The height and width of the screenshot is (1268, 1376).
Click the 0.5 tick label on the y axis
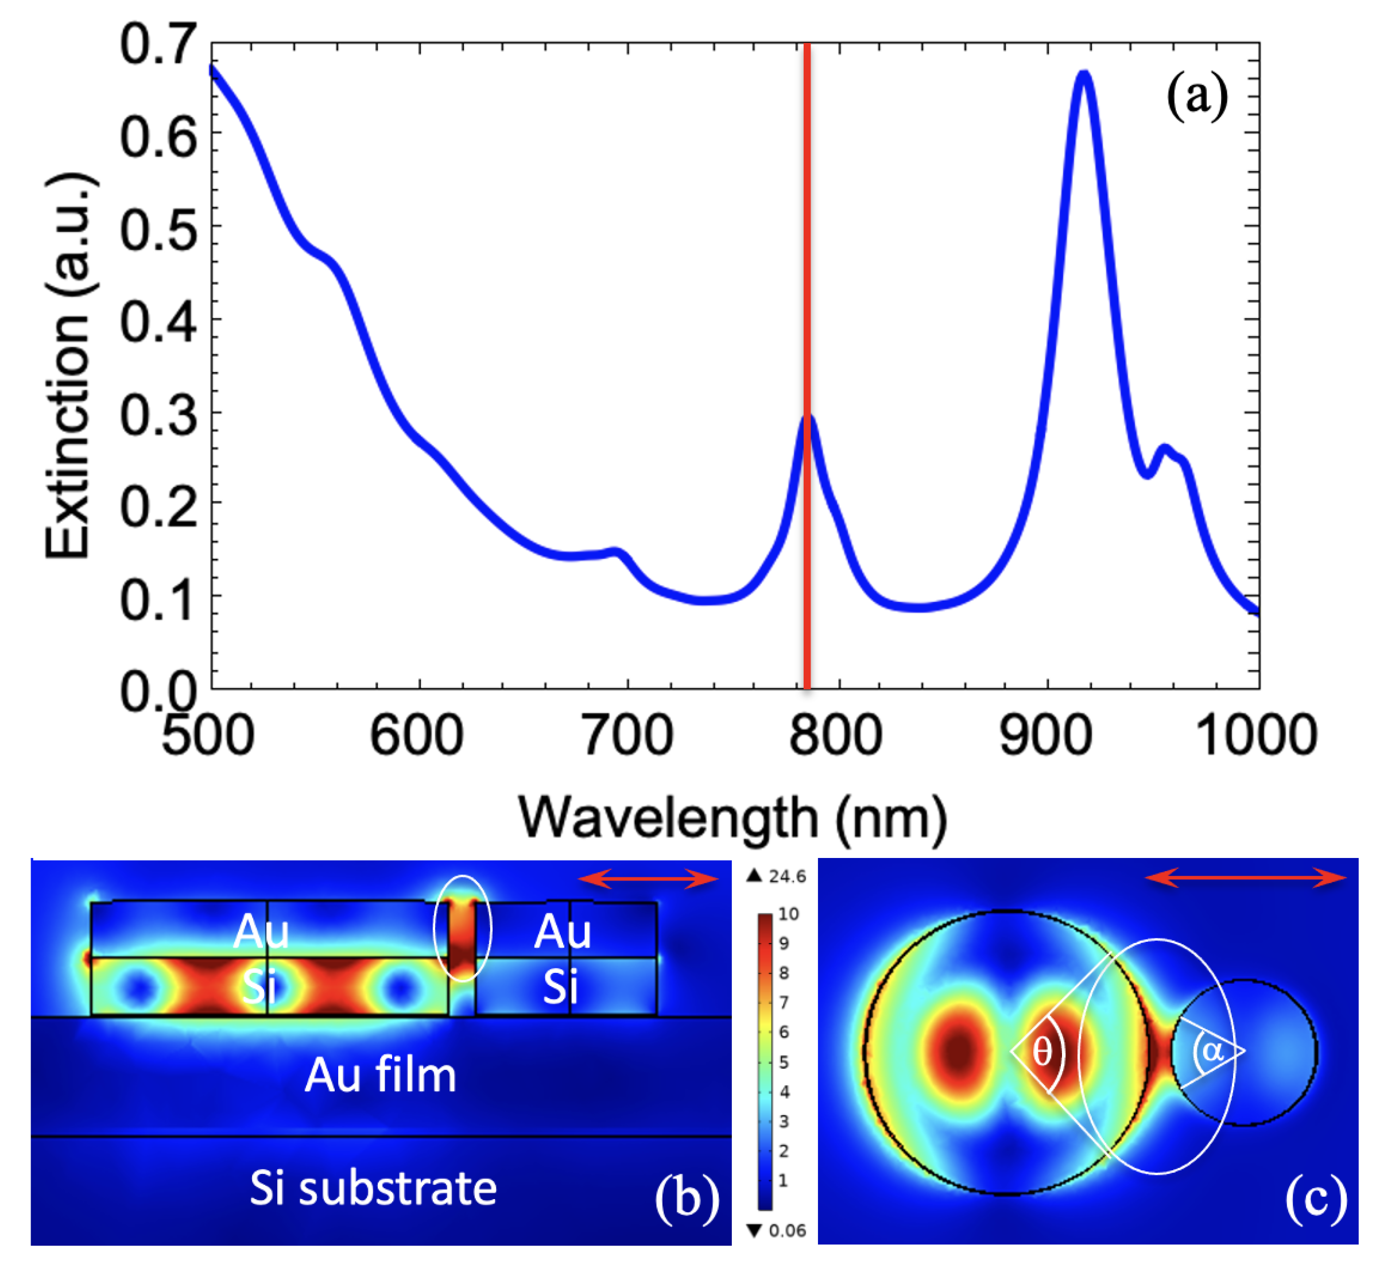[x=157, y=229]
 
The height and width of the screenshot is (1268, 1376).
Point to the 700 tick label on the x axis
[x=627, y=736]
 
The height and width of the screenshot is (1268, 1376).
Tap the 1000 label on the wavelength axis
[x=1255, y=736]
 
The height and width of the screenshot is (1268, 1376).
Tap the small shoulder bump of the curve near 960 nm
[x=1164, y=450]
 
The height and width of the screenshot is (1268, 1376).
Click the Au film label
[x=380, y=1075]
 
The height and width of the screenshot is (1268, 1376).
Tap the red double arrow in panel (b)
[x=648, y=879]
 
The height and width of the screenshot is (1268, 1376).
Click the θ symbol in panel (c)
[x=1041, y=1050]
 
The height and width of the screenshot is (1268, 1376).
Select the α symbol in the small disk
[x=1212, y=1050]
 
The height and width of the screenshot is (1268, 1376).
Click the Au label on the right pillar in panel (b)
[x=563, y=933]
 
